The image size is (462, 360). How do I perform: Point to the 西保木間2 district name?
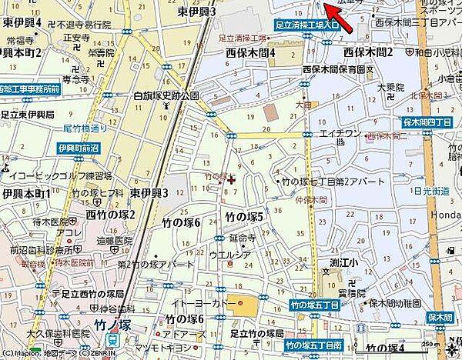(x=367, y=52)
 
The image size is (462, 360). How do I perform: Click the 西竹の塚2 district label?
(x=110, y=214)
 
